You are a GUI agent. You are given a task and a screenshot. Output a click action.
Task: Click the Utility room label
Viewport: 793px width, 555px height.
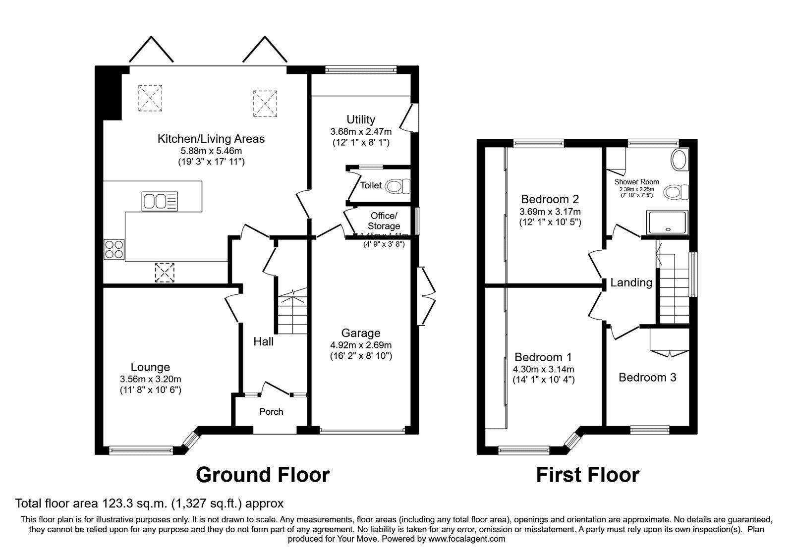(360, 119)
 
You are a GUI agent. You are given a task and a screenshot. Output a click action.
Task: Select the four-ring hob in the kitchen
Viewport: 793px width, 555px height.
(114, 249)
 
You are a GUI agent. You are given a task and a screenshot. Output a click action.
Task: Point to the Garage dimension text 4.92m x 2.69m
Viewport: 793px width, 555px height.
(360, 345)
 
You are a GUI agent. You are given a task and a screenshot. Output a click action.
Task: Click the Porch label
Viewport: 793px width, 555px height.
(271, 412)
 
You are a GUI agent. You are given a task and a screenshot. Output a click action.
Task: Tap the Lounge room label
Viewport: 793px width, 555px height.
(150, 367)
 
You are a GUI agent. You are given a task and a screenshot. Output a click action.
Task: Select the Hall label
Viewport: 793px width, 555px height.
(263, 341)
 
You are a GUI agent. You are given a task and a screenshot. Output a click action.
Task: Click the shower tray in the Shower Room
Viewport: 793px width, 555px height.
(667, 222)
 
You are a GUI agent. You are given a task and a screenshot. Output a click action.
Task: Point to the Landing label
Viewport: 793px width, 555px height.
(631, 282)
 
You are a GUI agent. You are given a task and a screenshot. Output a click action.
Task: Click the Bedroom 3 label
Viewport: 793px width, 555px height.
(647, 378)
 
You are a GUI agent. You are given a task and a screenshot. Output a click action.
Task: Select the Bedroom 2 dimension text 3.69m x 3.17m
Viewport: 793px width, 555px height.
(550, 212)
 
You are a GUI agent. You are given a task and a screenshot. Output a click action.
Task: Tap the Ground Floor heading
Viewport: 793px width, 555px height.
(263, 475)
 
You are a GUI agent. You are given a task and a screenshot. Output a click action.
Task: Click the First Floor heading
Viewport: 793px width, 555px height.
(588, 475)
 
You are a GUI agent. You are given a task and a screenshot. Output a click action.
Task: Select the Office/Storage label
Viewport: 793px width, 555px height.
(384, 221)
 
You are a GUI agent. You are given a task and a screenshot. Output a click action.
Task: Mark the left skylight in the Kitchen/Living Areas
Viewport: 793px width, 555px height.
(150, 98)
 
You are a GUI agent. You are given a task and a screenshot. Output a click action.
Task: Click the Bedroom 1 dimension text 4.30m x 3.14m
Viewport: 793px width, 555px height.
(543, 369)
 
